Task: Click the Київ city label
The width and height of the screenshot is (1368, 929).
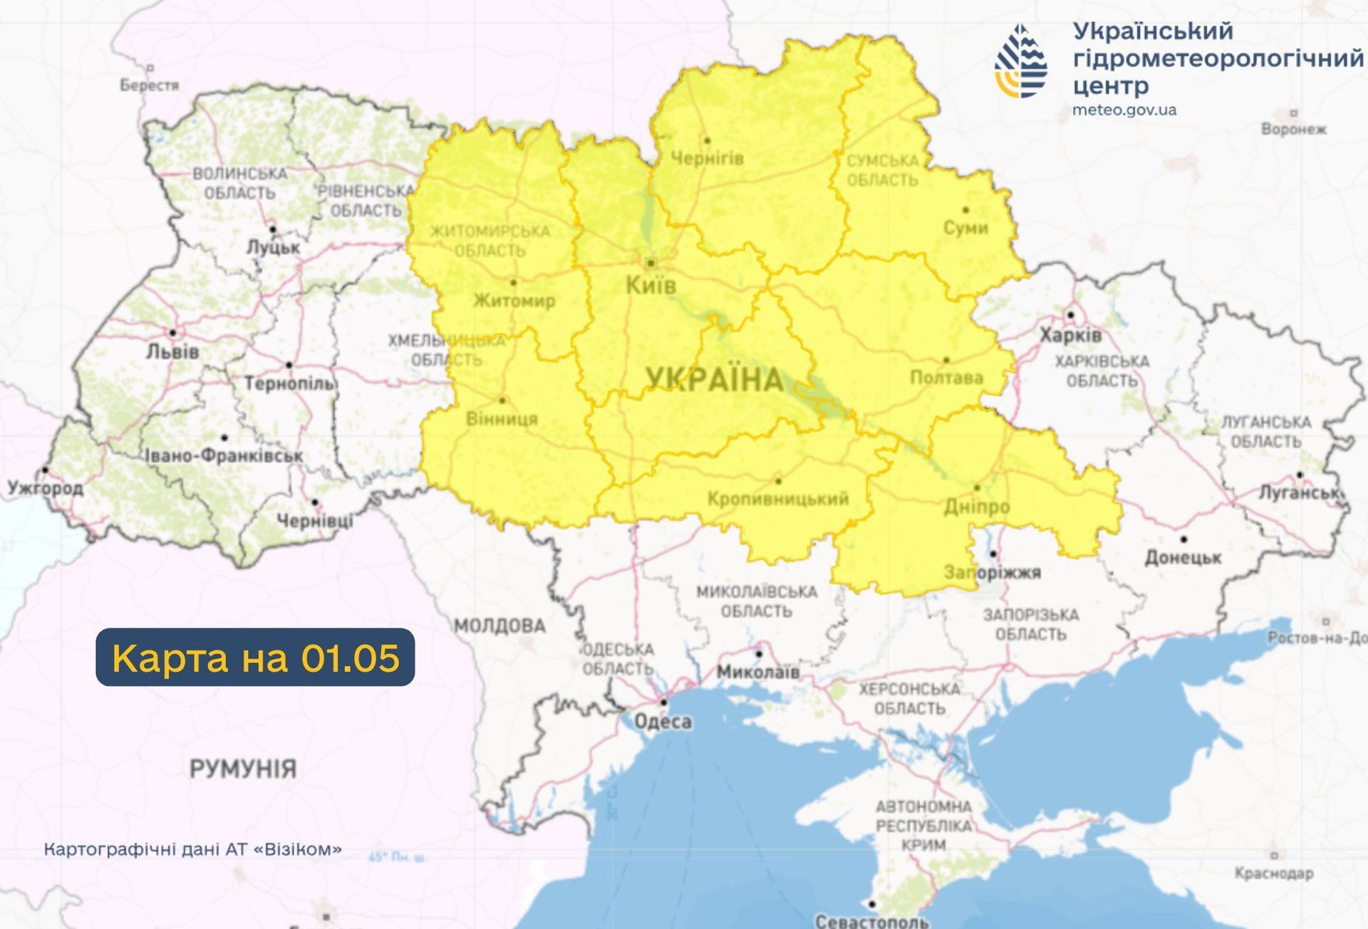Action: tap(651, 286)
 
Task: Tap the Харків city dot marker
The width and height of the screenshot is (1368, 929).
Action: tap(1070, 315)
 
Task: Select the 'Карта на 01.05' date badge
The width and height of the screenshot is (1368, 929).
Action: tap(255, 657)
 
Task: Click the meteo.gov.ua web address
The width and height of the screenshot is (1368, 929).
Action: tap(1124, 110)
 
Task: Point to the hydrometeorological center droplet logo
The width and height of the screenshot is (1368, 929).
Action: tap(1021, 62)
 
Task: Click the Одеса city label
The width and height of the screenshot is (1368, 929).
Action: tap(663, 722)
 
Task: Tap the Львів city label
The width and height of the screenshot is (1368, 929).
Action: tap(172, 352)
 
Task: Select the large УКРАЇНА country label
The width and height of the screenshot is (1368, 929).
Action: tap(715, 379)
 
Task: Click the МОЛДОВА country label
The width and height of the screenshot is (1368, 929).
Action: tap(500, 626)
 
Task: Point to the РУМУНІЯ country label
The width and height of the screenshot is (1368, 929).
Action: tap(242, 769)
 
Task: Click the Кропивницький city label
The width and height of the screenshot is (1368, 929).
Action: tap(778, 499)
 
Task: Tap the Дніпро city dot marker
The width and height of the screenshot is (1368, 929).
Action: tap(977, 488)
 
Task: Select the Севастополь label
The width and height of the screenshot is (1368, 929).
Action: tap(871, 921)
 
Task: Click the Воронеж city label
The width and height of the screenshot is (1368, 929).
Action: tap(1293, 130)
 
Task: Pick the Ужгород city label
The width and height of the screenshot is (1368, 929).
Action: tap(45, 489)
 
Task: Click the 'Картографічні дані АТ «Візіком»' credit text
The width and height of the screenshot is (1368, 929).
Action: tap(192, 849)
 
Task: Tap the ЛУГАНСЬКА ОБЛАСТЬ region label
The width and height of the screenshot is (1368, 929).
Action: tap(1266, 432)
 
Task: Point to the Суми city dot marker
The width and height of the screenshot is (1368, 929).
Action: tap(965, 210)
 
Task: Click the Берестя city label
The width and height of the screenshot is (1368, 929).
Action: tap(149, 85)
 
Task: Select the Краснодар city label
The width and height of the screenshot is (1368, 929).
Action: tap(1274, 873)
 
